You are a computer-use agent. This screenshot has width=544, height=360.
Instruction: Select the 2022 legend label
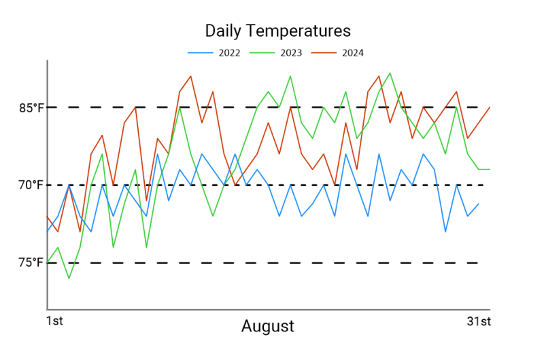coord(229,52)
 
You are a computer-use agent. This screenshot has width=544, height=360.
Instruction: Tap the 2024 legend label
coord(352,52)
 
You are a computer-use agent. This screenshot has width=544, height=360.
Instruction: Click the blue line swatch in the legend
coord(201,52)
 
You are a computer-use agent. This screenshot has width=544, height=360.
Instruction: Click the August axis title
coord(268,326)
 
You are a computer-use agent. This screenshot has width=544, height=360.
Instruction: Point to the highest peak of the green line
coord(390,73)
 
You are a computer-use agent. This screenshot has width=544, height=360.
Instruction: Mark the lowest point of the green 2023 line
coord(69,278)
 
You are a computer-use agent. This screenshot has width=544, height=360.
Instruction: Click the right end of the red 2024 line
coord(490,107)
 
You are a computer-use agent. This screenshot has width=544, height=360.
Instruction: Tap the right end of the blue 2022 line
coord(479,203)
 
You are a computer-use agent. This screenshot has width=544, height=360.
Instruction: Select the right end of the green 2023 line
coord(490,169)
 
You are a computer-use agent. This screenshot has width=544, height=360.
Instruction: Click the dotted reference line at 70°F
coord(272,184)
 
